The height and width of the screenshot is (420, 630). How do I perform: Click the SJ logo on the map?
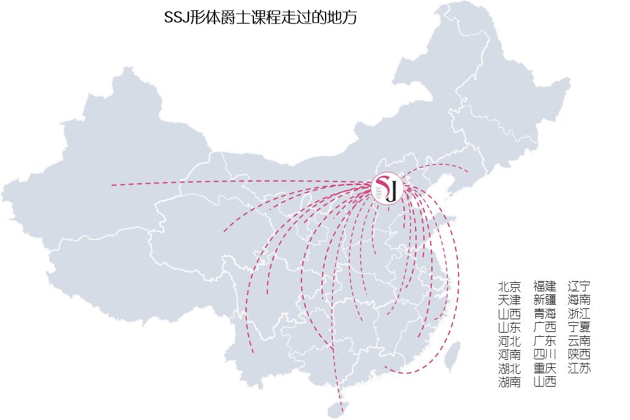pos(388,188)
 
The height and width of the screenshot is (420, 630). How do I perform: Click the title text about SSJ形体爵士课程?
pos(261,18)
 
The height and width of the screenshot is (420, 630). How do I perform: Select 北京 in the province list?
pos(509,286)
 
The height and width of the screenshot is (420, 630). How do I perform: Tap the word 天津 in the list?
pos(509,300)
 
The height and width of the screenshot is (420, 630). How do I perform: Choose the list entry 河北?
pos(509,341)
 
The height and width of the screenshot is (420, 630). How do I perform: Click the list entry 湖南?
pos(509,382)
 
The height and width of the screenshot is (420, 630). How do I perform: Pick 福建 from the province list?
pos(545,286)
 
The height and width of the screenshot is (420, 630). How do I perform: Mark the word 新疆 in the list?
pos(545,300)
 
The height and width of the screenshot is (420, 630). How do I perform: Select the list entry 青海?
pos(545,314)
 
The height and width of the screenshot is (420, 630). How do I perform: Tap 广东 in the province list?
pos(545,341)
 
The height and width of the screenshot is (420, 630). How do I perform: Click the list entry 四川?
pos(545,354)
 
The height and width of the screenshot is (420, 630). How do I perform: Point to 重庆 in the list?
pos(545,368)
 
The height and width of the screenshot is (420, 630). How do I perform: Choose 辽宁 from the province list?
pos(579,286)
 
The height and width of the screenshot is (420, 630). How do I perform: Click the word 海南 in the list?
pos(579,300)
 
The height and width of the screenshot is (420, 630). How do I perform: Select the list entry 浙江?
pos(579,314)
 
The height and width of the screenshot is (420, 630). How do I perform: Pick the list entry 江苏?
pos(579,368)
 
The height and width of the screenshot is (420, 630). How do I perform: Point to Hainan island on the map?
pos(335,408)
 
